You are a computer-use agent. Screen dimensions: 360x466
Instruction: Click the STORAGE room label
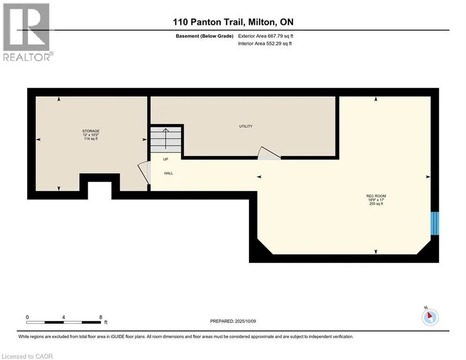[91, 131]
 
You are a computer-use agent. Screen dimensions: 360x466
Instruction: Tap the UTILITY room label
[246, 126]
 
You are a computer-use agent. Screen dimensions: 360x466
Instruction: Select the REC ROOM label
[376, 196]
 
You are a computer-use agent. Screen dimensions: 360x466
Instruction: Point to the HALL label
[169, 173]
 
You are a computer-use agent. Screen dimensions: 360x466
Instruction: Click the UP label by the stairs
[165, 159]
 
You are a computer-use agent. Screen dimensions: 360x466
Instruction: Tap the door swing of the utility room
[268, 153]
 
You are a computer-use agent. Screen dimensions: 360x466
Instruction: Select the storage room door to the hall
[144, 173]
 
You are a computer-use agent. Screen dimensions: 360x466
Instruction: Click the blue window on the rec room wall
[436, 223]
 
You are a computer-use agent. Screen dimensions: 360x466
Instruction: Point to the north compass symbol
[429, 317]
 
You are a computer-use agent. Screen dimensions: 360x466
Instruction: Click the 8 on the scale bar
[101, 317]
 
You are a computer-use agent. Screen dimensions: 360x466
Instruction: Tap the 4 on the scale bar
[64, 317]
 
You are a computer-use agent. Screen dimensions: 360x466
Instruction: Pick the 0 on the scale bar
[28, 317]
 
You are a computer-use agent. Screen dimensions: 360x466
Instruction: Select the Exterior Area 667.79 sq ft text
[266, 36]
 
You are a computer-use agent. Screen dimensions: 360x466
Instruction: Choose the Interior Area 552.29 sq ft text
[265, 44]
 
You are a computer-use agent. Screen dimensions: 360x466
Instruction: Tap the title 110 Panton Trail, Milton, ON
[233, 22]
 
